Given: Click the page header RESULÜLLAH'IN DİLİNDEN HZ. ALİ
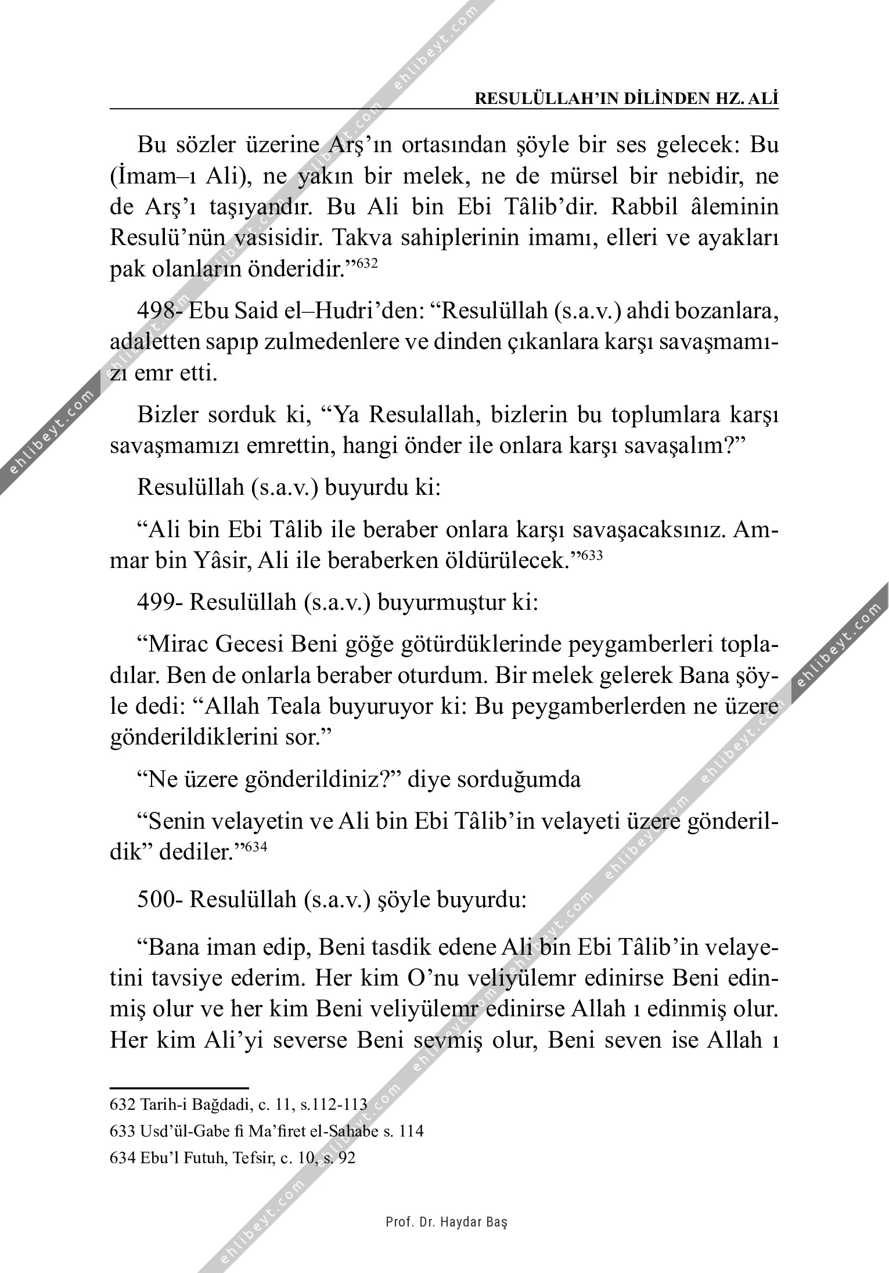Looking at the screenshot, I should pos(627,99).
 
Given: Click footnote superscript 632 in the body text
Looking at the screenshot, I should pos(366,264).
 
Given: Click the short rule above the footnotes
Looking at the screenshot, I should pos(179,1087).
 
